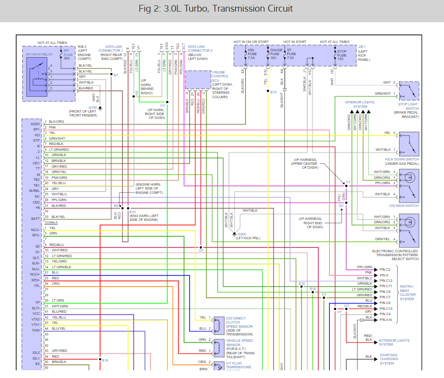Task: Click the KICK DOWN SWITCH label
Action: coord(402,160)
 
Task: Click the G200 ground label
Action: coord(241,234)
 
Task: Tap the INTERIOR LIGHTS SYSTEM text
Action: coord(360,104)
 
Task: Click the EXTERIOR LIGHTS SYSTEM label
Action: coord(394,342)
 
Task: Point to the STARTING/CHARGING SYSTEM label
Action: coord(389,359)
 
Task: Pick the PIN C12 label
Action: coord(385,280)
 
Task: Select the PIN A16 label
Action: coord(385,320)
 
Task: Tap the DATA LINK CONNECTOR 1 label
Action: coord(111,50)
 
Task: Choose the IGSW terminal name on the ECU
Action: coord(35,124)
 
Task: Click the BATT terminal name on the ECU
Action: coord(35,218)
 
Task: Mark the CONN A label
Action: coord(51,222)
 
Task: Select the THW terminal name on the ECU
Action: coord(36,330)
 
